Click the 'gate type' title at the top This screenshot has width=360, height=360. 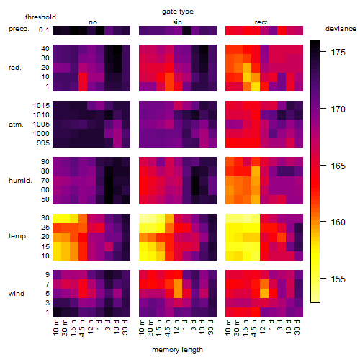(x=178, y=12)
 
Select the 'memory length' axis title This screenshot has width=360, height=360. (x=177, y=350)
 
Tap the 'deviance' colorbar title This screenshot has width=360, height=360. (x=341, y=29)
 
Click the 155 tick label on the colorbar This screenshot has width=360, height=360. (x=338, y=279)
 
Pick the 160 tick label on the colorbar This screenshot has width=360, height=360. (x=338, y=222)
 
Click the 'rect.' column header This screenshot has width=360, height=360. (x=261, y=22)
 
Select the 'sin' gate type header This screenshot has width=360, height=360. (x=177, y=22)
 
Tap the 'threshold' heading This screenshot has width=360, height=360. (x=40, y=17)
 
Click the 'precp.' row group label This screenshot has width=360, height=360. (x=19, y=29)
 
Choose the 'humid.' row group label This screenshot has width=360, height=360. (x=20, y=180)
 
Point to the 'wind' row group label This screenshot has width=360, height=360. (x=17, y=294)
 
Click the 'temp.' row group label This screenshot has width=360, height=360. (x=18, y=236)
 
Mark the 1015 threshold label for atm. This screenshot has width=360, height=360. (x=41, y=105)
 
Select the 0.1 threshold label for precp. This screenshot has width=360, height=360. (x=44, y=30)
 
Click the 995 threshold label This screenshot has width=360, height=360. (x=43, y=143)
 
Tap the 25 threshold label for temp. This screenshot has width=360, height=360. (x=45, y=228)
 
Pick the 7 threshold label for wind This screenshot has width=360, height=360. (x=48, y=284)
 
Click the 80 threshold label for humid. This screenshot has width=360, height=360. (x=45, y=171)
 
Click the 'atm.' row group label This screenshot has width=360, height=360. (x=16, y=125)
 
